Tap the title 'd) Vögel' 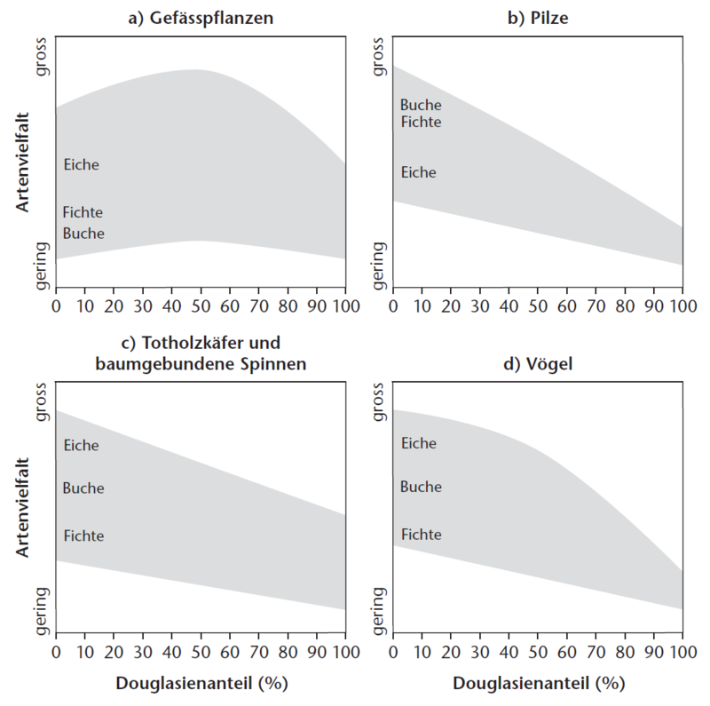pos(537,364)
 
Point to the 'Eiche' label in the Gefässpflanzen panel pos(81,164)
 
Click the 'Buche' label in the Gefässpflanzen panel pos(83,234)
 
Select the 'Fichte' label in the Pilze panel pos(421,123)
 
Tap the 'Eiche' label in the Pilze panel pos(418,172)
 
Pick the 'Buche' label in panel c pos(83,488)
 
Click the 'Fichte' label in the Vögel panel pos(421,535)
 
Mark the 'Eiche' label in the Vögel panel pos(418,443)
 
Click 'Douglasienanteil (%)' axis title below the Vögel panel pos(537,685)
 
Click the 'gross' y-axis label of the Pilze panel pos(380,57)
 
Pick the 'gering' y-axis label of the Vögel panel pos(380,610)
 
